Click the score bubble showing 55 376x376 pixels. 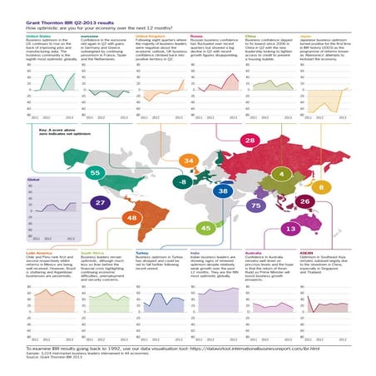click(95, 171)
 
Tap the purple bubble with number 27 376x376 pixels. click(100, 202)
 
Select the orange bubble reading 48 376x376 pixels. click(131, 219)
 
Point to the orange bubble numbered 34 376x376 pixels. click(190, 159)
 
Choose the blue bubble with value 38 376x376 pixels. click(223, 190)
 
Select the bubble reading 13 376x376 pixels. click(290, 227)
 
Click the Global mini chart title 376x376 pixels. click(34, 180)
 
